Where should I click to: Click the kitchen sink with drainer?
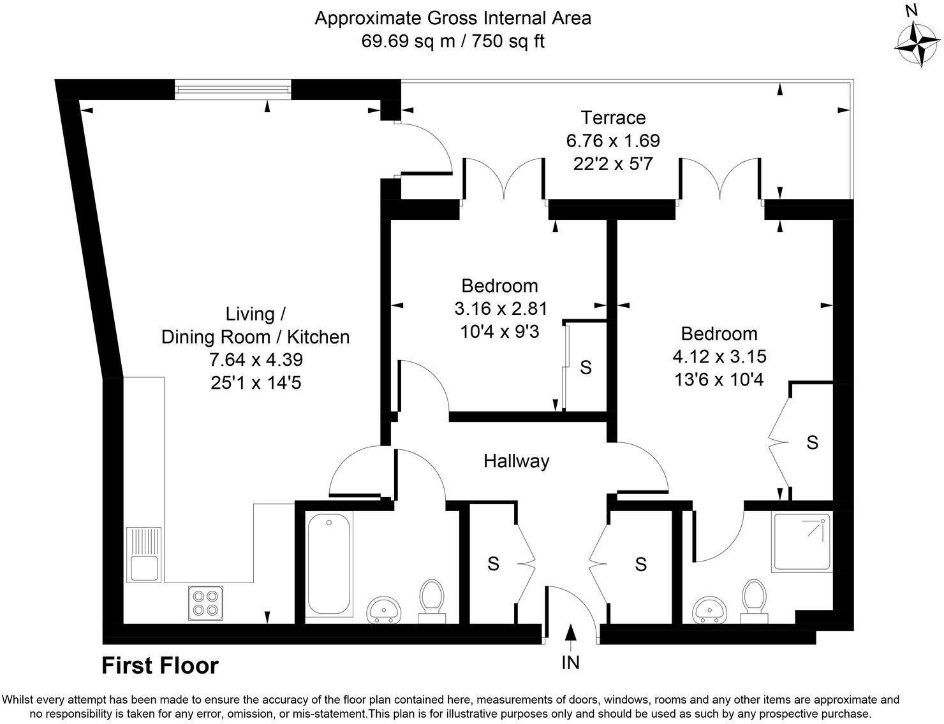(x=144, y=554)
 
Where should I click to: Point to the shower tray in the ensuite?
(x=802, y=542)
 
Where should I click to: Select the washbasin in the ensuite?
(x=709, y=609)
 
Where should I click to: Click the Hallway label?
(x=516, y=461)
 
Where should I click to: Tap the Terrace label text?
(x=612, y=118)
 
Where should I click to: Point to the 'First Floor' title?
(x=160, y=666)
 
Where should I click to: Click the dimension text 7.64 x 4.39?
(x=256, y=359)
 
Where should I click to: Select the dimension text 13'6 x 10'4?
(x=719, y=380)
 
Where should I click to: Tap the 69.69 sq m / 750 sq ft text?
(x=453, y=41)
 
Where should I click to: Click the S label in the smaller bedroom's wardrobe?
(x=586, y=367)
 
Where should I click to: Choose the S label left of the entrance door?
(x=493, y=563)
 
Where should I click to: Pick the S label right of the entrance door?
(x=640, y=563)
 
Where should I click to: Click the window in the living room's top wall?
(x=233, y=89)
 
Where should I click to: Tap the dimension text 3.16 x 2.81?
(x=501, y=309)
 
